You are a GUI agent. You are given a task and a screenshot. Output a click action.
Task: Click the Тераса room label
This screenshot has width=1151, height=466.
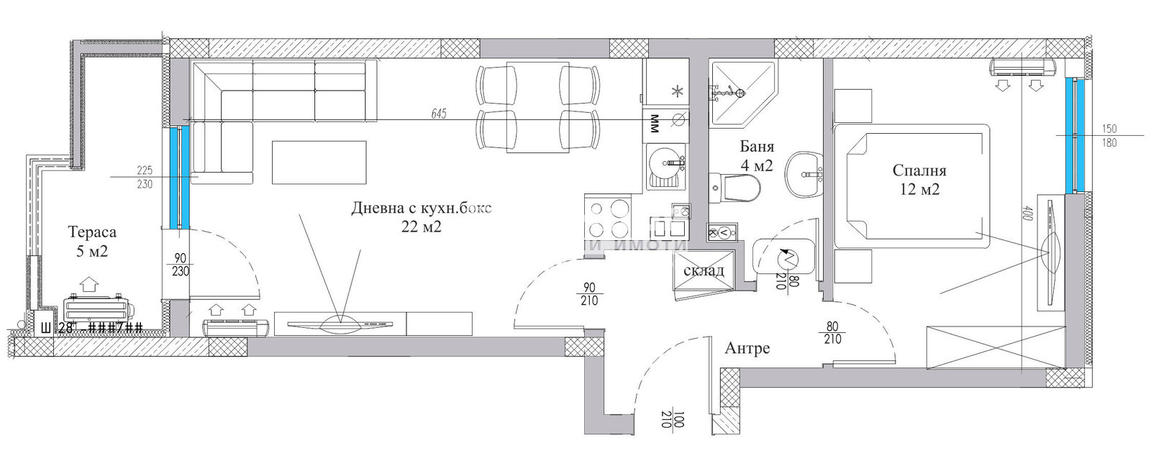pyautogui.click(x=91, y=232)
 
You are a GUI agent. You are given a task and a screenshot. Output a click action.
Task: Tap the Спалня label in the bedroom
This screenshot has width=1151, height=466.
pyautogui.click(x=919, y=170)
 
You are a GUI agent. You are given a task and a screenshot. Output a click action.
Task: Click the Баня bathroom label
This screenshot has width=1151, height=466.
pyautogui.click(x=756, y=147)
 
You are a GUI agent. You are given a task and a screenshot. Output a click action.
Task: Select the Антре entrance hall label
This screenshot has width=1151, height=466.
pyautogui.click(x=747, y=349)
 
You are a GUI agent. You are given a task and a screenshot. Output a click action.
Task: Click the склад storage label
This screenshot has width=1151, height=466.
pyautogui.click(x=704, y=271)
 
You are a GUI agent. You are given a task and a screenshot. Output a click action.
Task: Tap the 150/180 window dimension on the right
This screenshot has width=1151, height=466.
pyautogui.click(x=1109, y=135)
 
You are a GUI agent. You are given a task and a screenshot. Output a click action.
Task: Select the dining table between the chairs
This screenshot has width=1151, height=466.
pyautogui.click(x=534, y=106)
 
